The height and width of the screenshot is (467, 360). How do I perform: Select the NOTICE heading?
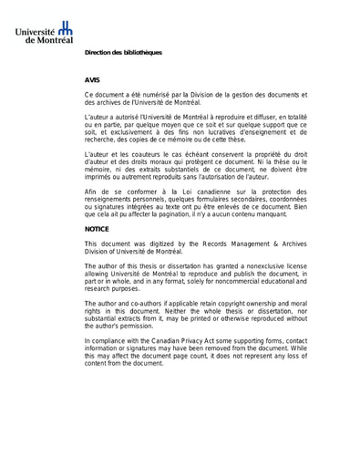pyautogui.click(x=97, y=230)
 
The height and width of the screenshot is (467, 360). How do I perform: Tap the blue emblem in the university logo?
pyautogui.click(x=65, y=30)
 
